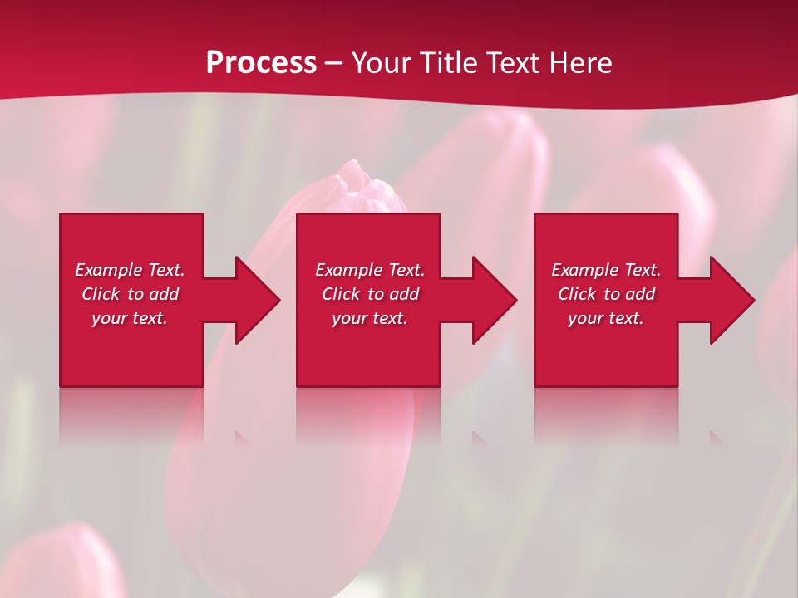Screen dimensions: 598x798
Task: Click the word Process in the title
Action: coord(261,62)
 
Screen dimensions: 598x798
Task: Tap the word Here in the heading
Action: coord(580,62)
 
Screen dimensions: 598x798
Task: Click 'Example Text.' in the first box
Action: coord(130,270)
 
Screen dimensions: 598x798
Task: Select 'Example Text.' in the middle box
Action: coord(370,270)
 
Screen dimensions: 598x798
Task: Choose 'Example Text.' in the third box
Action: coord(606,270)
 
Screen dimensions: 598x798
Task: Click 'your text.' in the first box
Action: coord(130,318)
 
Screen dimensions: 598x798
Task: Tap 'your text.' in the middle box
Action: coord(370,318)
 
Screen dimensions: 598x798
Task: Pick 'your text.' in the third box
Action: coord(606,318)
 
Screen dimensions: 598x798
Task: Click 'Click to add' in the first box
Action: coord(130,294)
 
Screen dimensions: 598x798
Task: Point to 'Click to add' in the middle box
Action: coord(370,294)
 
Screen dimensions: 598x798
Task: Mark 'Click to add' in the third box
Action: coord(606,294)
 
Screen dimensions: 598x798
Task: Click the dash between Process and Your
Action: coord(334,63)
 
